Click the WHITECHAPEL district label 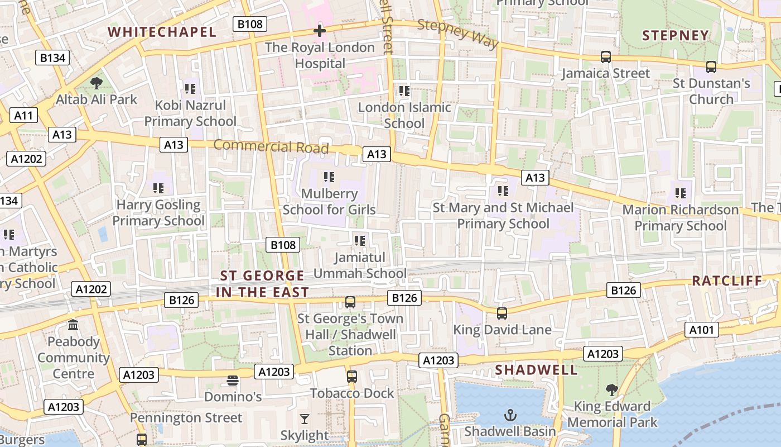pyautogui.click(x=162, y=32)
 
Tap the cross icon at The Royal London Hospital pyautogui.click(x=319, y=31)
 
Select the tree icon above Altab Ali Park pyautogui.click(x=97, y=83)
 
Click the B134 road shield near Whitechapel pyautogui.click(x=54, y=58)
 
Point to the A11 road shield pyautogui.click(x=23, y=116)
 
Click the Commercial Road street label pyautogui.click(x=271, y=146)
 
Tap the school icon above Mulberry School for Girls pyautogui.click(x=329, y=178)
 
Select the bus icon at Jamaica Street pyautogui.click(x=605, y=56)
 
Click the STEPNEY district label pyautogui.click(x=675, y=36)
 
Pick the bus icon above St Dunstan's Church pyautogui.click(x=711, y=67)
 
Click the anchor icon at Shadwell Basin pyautogui.click(x=510, y=415)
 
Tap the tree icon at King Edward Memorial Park pyautogui.click(x=612, y=389)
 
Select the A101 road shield pyautogui.click(x=701, y=330)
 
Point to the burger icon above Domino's pyautogui.click(x=233, y=381)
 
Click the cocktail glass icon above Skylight pyautogui.click(x=305, y=419)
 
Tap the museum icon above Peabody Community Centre pyautogui.click(x=73, y=325)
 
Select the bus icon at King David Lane pyautogui.click(x=502, y=313)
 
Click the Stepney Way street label pyautogui.click(x=457, y=34)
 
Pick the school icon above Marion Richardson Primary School pyautogui.click(x=680, y=193)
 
